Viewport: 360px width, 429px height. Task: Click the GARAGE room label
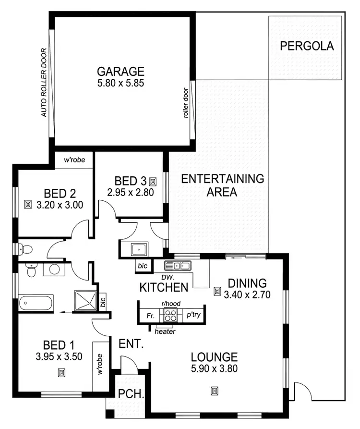coord(120,72)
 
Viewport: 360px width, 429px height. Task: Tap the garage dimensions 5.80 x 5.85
coord(120,82)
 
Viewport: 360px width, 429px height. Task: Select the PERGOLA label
coord(306,47)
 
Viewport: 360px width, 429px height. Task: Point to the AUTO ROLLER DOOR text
coord(44,83)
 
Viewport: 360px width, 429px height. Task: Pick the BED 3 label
coord(130,181)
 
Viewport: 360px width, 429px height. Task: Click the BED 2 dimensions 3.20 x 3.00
coord(60,204)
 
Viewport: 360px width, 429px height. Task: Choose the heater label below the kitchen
coord(165,331)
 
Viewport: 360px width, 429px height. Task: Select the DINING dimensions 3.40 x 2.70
coord(248,294)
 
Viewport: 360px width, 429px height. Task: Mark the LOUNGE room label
coord(214,357)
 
